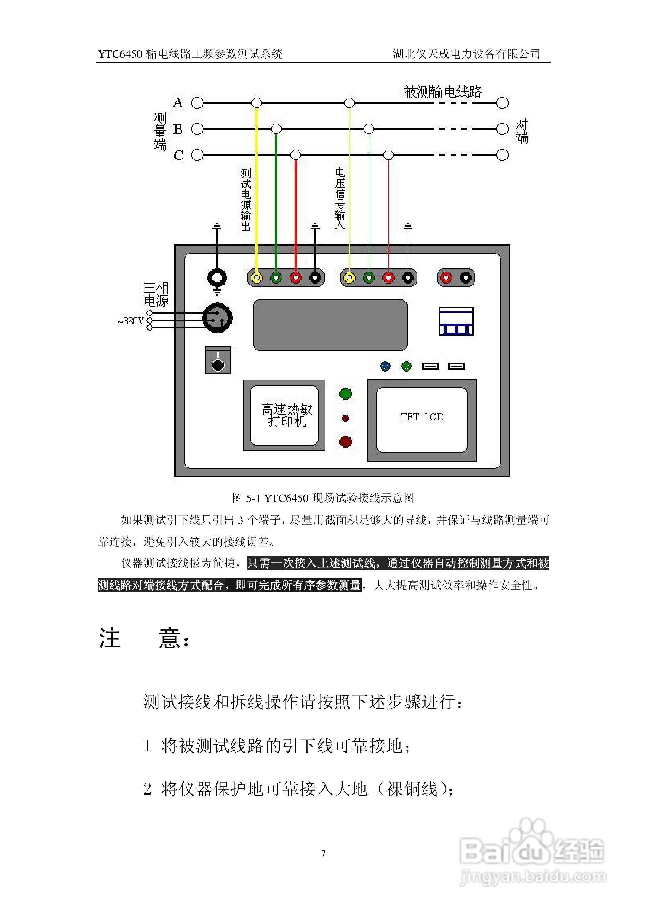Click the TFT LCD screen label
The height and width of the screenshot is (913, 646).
pos(422,417)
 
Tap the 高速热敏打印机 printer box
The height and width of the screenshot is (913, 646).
pos(284,415)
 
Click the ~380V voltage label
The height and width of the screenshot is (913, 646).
pos(130,321)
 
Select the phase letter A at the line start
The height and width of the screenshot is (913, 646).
pos(178,103)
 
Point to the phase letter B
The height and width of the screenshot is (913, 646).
pos(178,129)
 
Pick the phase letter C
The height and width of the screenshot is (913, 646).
pos(178,155)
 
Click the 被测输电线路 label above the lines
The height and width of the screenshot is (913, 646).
pos(443,92)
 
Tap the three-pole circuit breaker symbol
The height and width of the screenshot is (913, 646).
pos(456,321)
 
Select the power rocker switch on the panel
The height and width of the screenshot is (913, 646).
pos(218,360)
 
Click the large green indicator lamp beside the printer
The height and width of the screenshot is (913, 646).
pos(346,394)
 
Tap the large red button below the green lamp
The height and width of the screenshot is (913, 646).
pos(346,441)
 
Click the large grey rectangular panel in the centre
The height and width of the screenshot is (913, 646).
pos(330,325)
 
